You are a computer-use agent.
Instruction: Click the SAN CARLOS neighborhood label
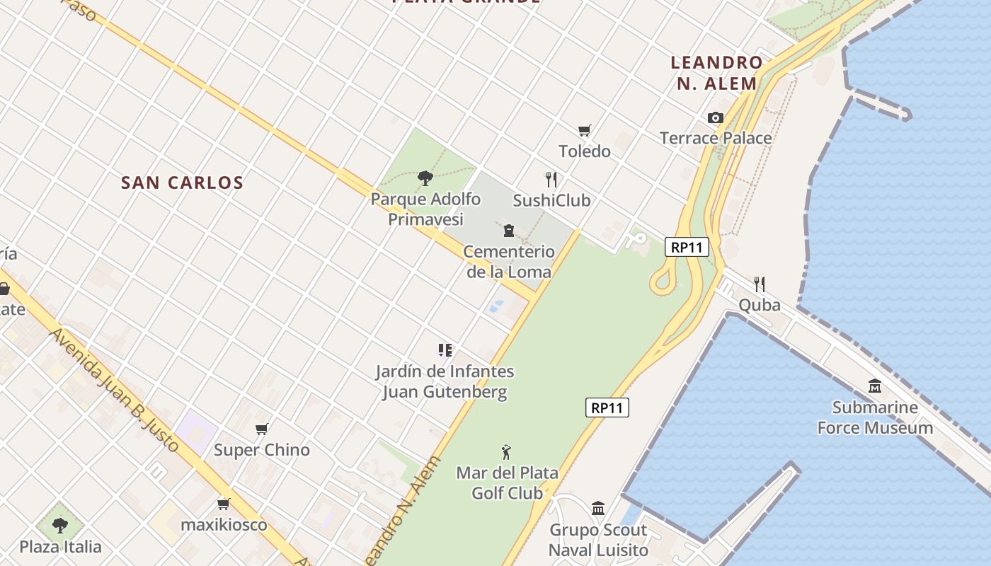pyautogui.click(x=182, y=183)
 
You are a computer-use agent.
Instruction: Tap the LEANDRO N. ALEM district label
pyautogui.click(x=716, y=73)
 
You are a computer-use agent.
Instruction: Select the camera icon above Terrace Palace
pyautogui.click(x=716, y=118)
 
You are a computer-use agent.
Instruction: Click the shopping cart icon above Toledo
pyautogui.click(x=584, y=131)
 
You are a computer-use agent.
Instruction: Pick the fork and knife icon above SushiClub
pyautogui.click(x=551, y=180)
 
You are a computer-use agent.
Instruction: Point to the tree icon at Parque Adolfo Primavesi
pyautogui.click(x=425, y=178)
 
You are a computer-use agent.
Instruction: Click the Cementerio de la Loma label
pyautogui.click(x=509, y=261)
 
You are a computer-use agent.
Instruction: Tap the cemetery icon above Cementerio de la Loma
pyautogui.click(x=509, y=231)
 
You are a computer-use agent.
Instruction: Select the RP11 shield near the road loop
pyautogui.click(x=687, y=248)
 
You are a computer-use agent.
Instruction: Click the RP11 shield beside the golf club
pyautogui.click(x=607, y=408)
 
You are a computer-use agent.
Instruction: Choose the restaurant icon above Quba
pyautogui.click(x=760, y=284)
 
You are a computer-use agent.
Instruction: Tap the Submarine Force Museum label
pyautogui.click(x=875, y=417)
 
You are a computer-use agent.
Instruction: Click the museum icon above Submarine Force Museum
pyautogui.click(x=875, y=386)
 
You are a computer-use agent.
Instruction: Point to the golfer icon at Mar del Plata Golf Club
pyautogui.click(x=506, y=452)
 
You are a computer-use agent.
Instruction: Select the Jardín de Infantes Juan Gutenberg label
pyautogui.click(x=445, y=381)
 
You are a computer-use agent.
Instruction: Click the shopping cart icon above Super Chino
pyautogui.click(x=262, y=429)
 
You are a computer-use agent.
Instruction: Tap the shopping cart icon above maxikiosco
pyautogui.click(x=224, y=504)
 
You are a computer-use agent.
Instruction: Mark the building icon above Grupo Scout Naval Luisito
pyautogui.click(x=598, y=508)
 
